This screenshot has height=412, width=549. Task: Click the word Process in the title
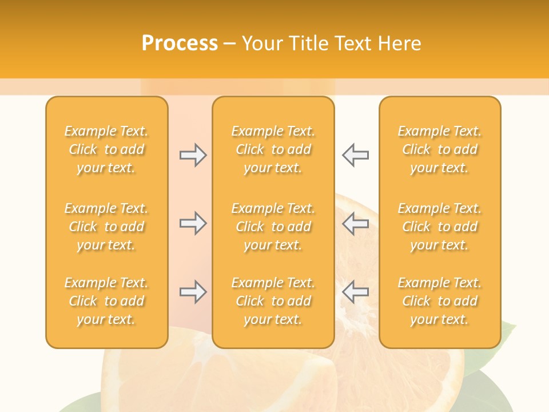[180, 43]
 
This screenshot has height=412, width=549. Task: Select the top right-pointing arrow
[193, 155]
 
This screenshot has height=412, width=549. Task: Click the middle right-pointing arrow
[193, 223]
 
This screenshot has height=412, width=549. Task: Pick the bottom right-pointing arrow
[193, 292]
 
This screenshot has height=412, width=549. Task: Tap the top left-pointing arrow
[355, 155]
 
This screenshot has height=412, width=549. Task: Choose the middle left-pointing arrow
[355, 223]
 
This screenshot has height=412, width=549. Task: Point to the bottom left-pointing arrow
[355, 292]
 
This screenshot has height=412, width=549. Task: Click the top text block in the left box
[106, 149]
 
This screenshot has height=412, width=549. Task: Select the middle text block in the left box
[106, 227]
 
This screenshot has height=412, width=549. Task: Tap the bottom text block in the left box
[106, 301]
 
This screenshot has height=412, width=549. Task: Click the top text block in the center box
[273, 149]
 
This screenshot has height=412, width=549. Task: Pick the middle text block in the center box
[273, 227]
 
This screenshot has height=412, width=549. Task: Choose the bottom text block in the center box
[273, 301]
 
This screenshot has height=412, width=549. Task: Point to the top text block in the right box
[439, 149]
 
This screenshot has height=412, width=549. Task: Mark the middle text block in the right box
[439, 227]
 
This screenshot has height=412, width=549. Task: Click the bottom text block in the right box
[439, 301]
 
